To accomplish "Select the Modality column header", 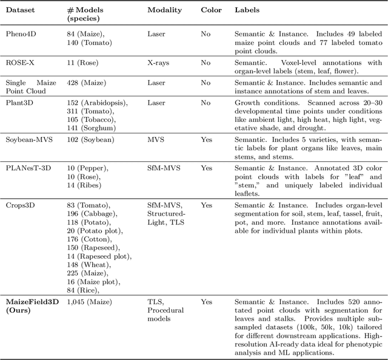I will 164,11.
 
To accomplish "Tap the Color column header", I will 212,11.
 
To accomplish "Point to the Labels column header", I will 247,11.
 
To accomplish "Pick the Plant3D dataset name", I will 19,104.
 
